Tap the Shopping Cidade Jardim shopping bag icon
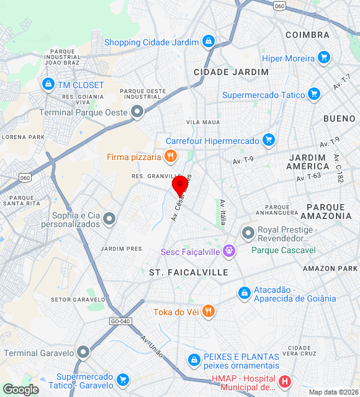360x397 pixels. pyautogui.click(x=209, y=42)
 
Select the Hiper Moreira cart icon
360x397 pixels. pyautogui.click(x=323, y=58)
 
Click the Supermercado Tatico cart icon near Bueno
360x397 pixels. pyautogui.click(x=314, y=95)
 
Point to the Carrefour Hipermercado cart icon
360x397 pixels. pyautogui.click(x=268, y=141)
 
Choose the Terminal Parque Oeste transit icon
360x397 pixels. pyautogui.click(x=137, y=112)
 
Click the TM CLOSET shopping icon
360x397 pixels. pyautogui.click(x=48, y=84)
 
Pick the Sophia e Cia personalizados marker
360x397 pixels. pyautogui.click(x=110, y=218)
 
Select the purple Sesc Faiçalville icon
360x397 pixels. pyautogui.click(x=230, y=251)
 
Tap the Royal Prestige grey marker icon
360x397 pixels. pyautogui.click(x=248, y=233)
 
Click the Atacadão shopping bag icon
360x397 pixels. pyautogui.click(x=245, y=293)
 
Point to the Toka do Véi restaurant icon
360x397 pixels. pyautogui.click(x=208, y=311)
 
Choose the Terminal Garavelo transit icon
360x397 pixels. pyautogui.click(x=83, y=352)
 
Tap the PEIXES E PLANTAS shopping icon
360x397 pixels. pyautogui.click(x=194, y=360)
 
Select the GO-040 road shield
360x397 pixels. pyautogui.click(x=120, y=321)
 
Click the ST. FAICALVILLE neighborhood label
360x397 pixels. pyautogui.click(x=189, y=272)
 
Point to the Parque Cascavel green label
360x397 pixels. pyautogui.click(x=283, y=250)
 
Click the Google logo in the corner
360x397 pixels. pyautogui.click(x=20, y=390)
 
